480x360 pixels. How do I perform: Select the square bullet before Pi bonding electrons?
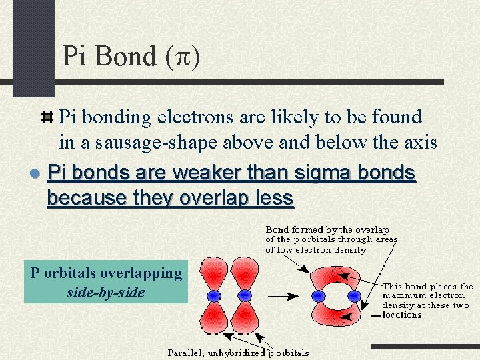coord(47,117)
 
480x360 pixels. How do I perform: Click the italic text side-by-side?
coord(106,292)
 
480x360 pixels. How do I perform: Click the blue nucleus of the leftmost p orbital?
coord(215,295)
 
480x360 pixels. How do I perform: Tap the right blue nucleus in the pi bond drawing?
coord(354,295)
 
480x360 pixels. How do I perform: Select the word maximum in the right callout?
coord(405,295)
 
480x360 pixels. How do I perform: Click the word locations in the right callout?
coord(403,315)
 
